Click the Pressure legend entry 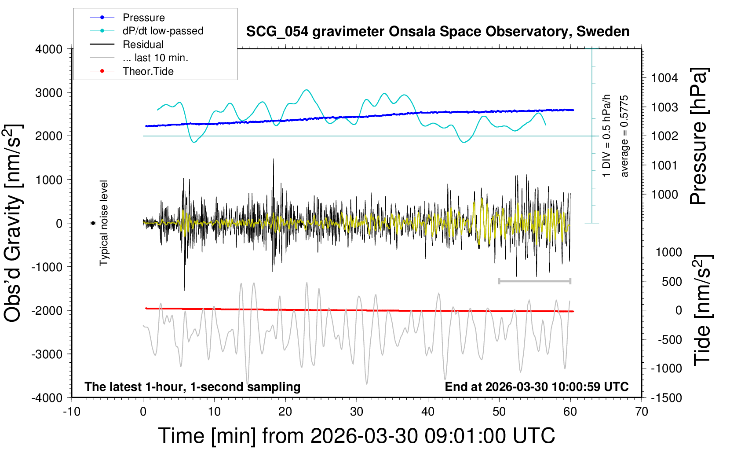[x=143, y=18]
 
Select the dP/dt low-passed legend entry [x=163, y=31]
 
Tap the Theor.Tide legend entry [x=148, y=71]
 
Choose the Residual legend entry [x=143, y=44]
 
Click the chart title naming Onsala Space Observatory [x=438, y=32]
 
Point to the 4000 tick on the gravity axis [x=49, y=49]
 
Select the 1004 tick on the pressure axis [x=664, y=78]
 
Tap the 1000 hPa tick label [x=664, y=195]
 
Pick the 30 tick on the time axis [x=357, y=412]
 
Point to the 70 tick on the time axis [x=642, y=412]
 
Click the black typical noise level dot [x=93, y=223]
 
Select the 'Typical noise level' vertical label [x=104, y=223]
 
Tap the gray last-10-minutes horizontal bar [x=534, y=281]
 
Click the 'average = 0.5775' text [x=624, y=136]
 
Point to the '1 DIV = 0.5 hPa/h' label [x=607, y=136]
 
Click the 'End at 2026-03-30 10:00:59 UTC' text [x=537, y=387]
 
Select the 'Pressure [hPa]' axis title [x=698, y=136]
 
